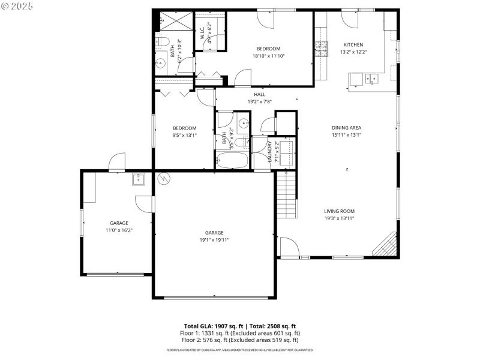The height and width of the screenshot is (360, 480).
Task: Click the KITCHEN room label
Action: [353, 45]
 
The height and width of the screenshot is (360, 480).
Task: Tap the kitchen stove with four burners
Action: [322, 49]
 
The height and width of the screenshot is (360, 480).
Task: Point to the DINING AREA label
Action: [346, 128]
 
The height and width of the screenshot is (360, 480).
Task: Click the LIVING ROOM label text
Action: [339, 211]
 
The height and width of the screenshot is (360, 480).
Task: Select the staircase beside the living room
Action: [286, 195]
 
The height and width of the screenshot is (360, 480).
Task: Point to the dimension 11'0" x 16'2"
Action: [119, 230]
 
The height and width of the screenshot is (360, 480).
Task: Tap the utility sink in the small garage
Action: [139, 179]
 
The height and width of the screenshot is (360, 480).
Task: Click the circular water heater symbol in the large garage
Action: [163, 178]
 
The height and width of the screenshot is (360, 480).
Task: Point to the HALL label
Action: [259, 94]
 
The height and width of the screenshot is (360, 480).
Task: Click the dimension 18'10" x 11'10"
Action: [268, 56]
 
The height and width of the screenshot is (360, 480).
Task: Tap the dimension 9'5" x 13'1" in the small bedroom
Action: [184, 135]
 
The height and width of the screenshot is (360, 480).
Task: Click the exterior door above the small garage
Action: [116, 161]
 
